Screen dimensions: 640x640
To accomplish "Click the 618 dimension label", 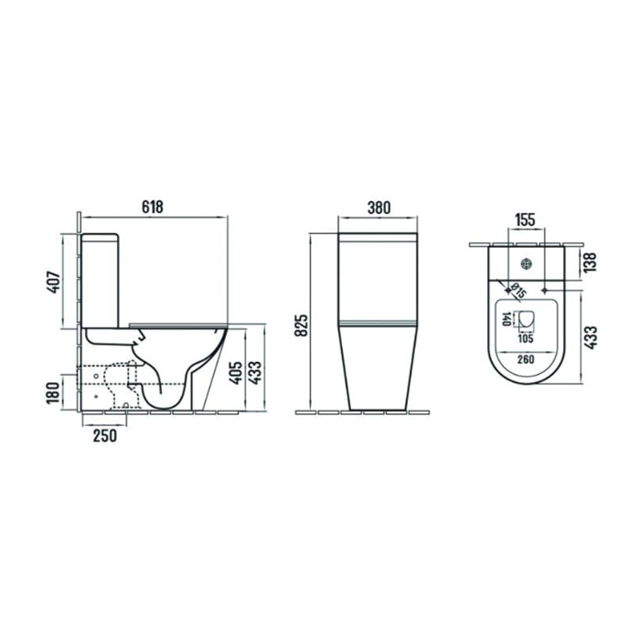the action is (153, 208).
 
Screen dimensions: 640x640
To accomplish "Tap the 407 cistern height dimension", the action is (54, 282).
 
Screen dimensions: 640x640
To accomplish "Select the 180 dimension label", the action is (53, 393).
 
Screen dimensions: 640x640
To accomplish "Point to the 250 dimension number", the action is (105, 435).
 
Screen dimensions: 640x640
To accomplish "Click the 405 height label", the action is (236, 373).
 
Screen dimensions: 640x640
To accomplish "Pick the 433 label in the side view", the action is (255, 373).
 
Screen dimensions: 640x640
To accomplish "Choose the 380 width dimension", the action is (379, 208).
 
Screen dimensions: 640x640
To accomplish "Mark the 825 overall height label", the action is (301, 325).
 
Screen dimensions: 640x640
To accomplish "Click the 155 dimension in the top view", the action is (525, 219).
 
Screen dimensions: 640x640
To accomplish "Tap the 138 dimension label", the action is (591, 262).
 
